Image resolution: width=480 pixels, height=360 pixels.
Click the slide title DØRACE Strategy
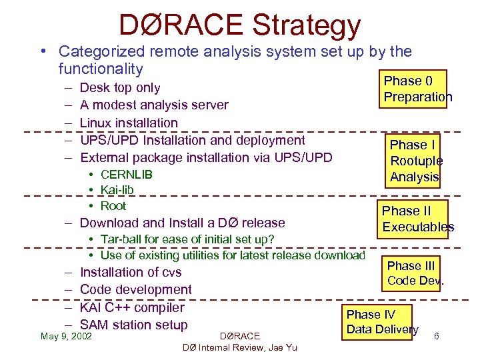tap(239, 25)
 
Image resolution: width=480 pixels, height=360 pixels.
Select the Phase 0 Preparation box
tap(417, 89)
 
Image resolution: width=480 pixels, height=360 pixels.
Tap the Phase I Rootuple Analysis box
tap(415, 161)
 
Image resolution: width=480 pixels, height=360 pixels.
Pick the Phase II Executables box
tap(417, 219)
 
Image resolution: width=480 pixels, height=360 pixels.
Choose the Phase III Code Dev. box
tap(415, 273)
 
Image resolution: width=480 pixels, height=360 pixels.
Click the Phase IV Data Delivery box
tap(382, 322)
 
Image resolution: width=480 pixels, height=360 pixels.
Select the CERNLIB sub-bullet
tap(126, 175)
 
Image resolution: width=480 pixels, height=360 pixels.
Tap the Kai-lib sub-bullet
tap(117, 190)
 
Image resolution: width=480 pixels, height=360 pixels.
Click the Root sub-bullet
tap(113, 206)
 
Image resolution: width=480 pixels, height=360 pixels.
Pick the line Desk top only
tap(120, 87)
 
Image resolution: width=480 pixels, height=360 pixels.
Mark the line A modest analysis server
tap(154, 105)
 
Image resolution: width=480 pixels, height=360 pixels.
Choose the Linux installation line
tap(129, 123)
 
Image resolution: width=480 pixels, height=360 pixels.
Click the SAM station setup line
tap(133, 325)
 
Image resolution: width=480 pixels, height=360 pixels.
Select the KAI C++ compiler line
tap(132, 307)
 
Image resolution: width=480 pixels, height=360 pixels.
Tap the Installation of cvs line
tap(131, 272)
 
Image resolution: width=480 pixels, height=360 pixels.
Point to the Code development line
tap(135, 289)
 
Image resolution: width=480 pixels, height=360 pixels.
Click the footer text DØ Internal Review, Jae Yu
tap(239, 347)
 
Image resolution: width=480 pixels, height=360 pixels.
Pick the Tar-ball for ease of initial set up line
tap(187, 239)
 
